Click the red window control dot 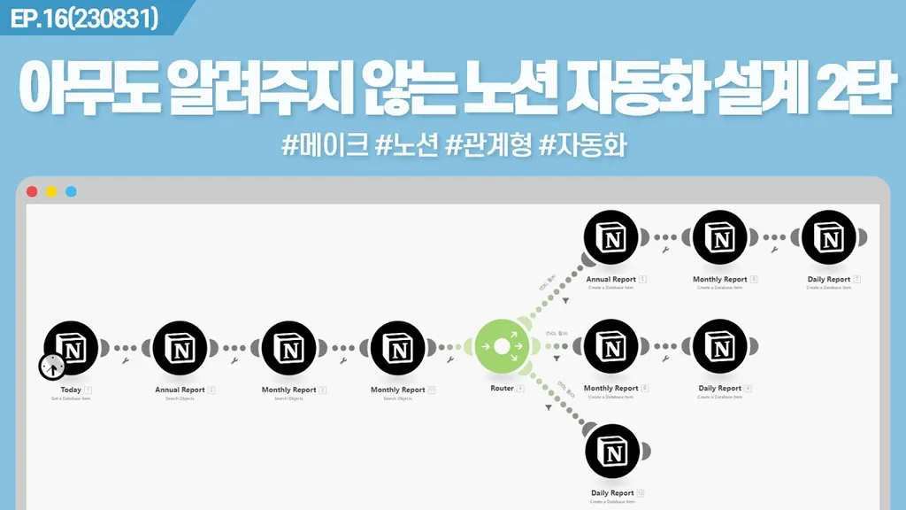click(x=33, y=191)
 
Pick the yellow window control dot click(x=51, y=191)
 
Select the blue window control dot click(x=71, y=191)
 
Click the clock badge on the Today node click(x=52, y=365)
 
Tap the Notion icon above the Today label click(x=72, y=349)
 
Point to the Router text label click(x=502, y=389)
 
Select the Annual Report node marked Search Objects click(x=180, y=349)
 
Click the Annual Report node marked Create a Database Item click(x=611, y=238)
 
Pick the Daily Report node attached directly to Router click(x=611, y=453)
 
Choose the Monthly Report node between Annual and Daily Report click(x=720, y=238)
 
